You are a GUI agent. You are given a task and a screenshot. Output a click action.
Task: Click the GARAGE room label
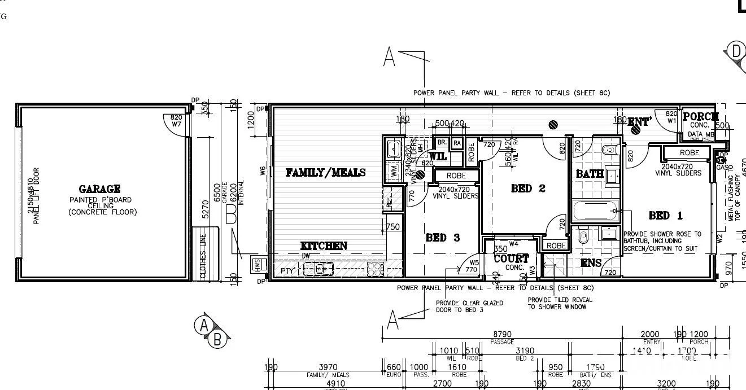(x=99, y=189)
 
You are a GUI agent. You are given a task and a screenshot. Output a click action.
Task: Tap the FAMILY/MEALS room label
(x=325, y=173)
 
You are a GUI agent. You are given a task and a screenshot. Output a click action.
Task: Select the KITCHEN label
(x=324, y=246)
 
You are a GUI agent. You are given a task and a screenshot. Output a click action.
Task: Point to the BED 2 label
(x=528, y=189)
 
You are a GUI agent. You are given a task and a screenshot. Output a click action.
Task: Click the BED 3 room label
(x=442, y=238)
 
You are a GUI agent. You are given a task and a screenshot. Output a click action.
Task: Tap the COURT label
(x=512, y=258)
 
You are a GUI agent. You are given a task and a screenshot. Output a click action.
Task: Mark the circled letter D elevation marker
(x=736, y=51)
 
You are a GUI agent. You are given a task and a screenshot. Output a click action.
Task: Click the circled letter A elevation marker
(x=203, y=325)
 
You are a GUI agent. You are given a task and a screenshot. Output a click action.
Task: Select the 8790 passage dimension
(x=502, y=335)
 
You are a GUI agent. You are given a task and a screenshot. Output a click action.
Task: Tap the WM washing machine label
(x=394, y=171)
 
